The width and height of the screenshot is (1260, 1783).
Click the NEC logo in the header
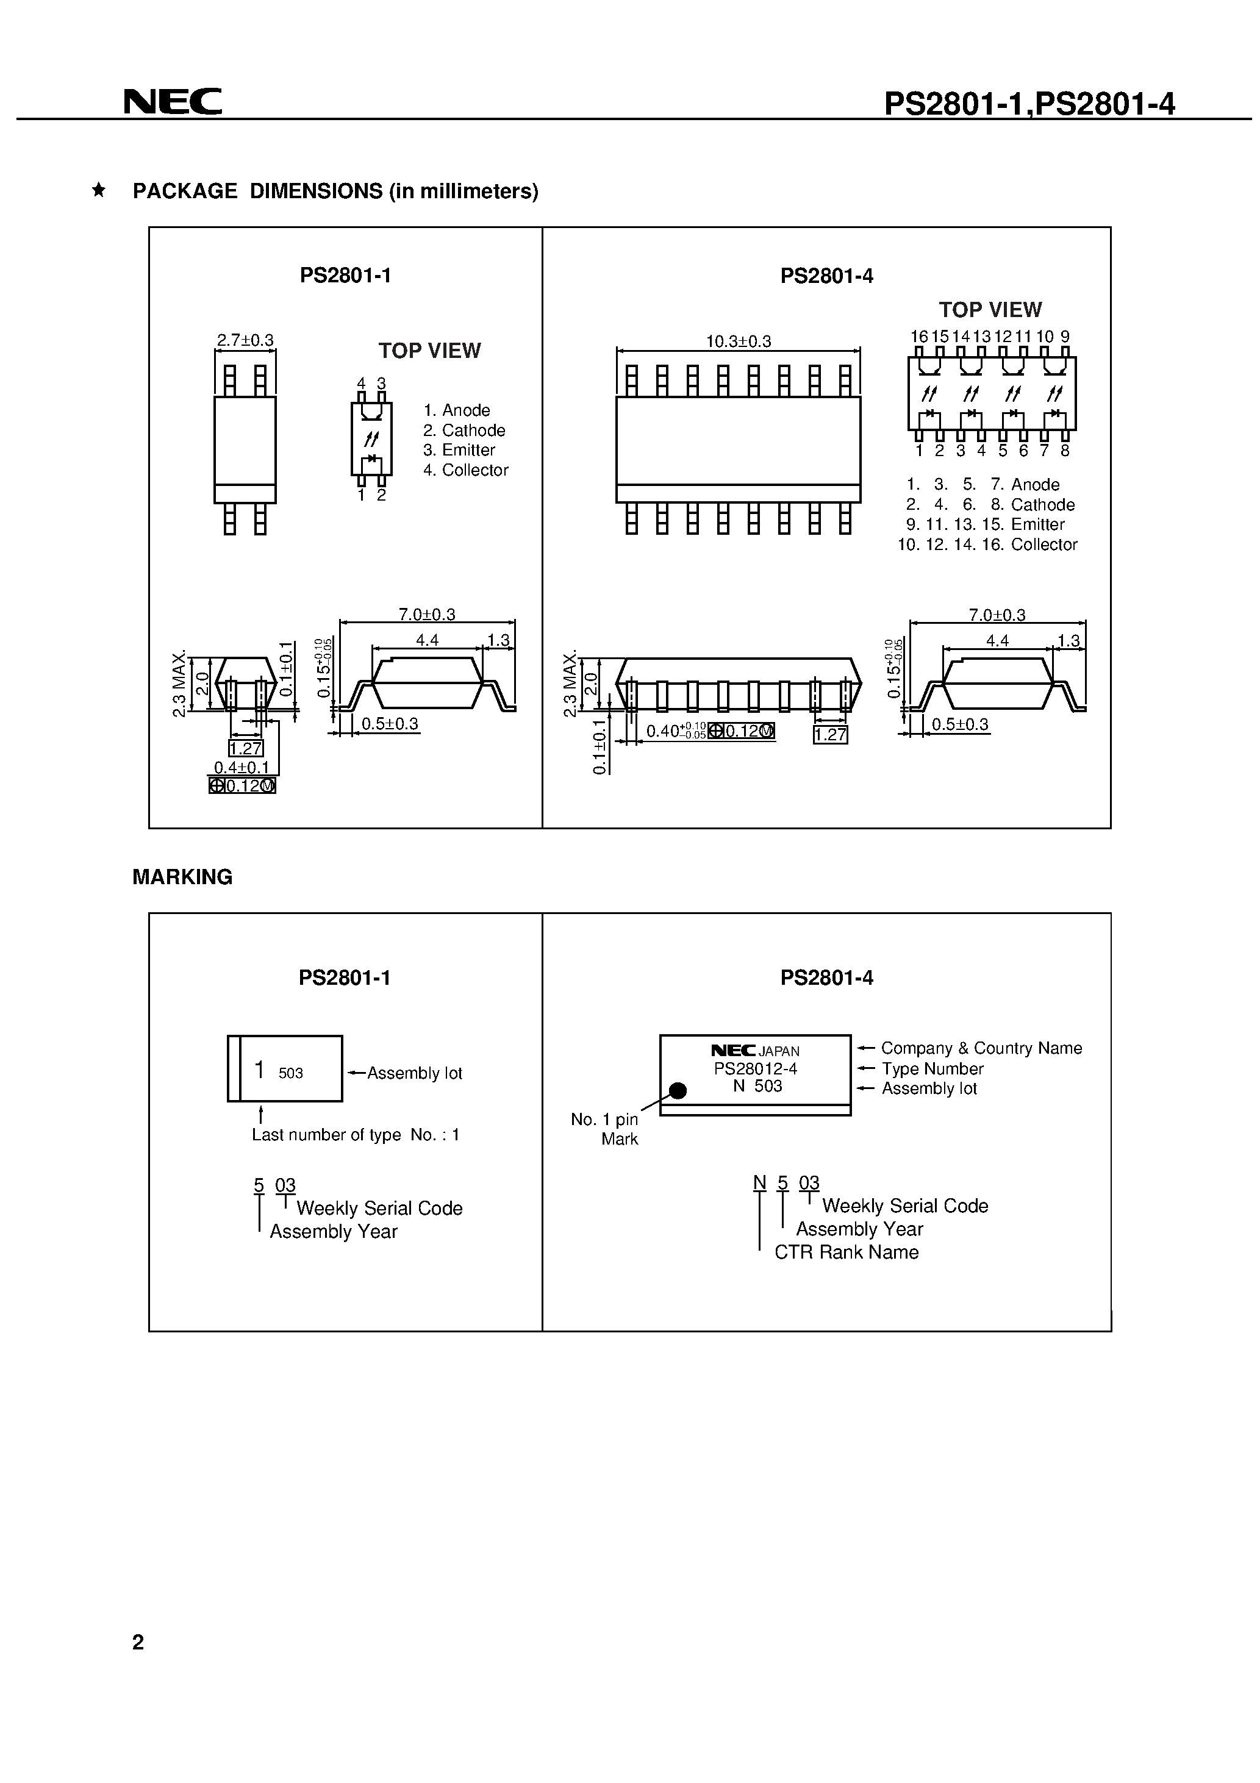coord(173,102)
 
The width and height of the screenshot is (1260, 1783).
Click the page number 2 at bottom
coord(138,1642)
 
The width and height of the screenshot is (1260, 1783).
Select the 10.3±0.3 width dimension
coord(738,341)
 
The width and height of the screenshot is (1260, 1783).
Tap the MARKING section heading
coord(182,877)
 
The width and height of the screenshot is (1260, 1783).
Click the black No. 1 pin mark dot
coord(678,1091)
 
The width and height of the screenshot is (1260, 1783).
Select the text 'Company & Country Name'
coord(981,1048)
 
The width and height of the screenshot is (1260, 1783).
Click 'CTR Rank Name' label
coord(846,1252)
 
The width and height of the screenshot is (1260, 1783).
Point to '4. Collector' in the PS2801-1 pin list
coord(465,470)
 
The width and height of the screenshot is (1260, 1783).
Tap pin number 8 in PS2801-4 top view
coord(1065,451)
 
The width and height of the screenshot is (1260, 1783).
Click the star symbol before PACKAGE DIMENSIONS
coord(99,190)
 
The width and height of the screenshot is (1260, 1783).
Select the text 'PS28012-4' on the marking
coord(755,1068)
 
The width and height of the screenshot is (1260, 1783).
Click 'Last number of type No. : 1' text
coord(355,1135)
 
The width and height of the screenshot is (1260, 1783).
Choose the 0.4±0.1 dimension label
coord(242,767)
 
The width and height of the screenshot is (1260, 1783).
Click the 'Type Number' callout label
coord(932,1068)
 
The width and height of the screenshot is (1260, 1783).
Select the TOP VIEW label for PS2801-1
coord(429,351)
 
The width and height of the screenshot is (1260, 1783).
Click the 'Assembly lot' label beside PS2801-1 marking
coord(414,1073)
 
